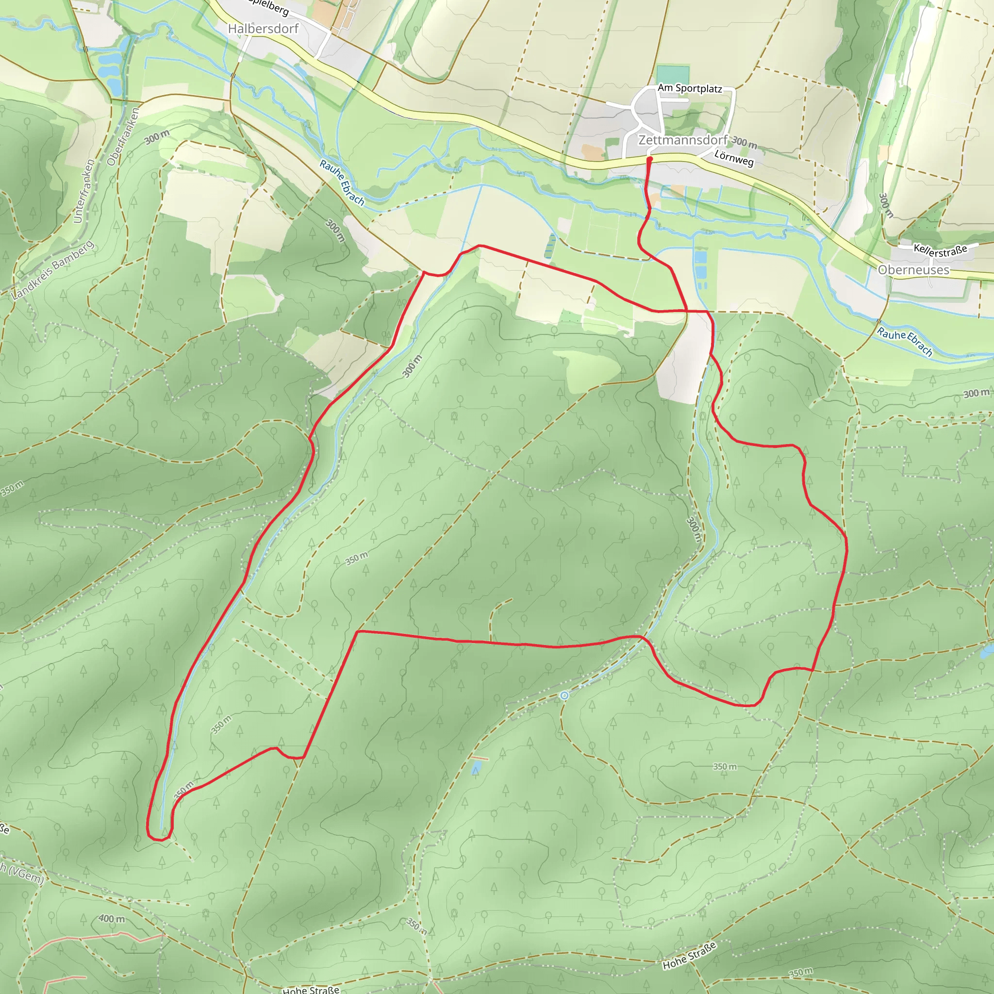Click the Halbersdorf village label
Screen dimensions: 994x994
coord(263,29)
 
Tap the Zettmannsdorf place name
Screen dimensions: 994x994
coord(682,140)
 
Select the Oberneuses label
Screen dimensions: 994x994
coord(914,269)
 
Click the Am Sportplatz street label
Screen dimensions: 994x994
coord(689,88)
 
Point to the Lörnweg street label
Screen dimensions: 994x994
coord(734,158)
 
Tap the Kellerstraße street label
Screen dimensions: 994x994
coord(940,250)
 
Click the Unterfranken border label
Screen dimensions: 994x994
coord(84,191)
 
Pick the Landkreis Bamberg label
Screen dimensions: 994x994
coord(53,270)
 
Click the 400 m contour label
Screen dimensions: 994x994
coord(112,919)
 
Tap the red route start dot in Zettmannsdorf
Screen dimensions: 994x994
coord(649,160)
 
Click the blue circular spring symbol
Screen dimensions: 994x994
coord(564,696)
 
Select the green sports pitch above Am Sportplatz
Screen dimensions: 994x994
coord(672,74)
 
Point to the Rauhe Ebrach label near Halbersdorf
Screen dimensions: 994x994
coord(342,182)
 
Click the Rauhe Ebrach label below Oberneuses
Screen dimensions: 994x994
coord(905,342)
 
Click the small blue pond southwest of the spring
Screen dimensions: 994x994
coord(477,768)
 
